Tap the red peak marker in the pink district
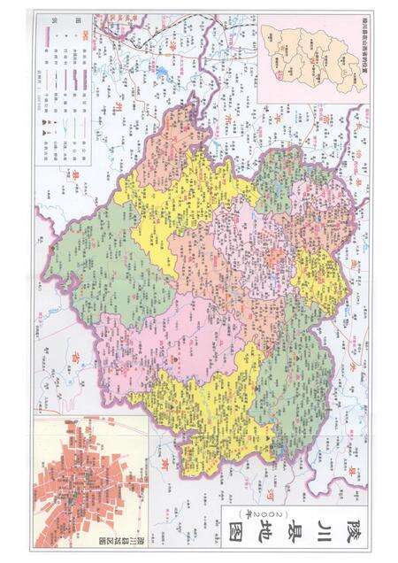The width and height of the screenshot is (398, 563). click(x=175, y=363)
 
